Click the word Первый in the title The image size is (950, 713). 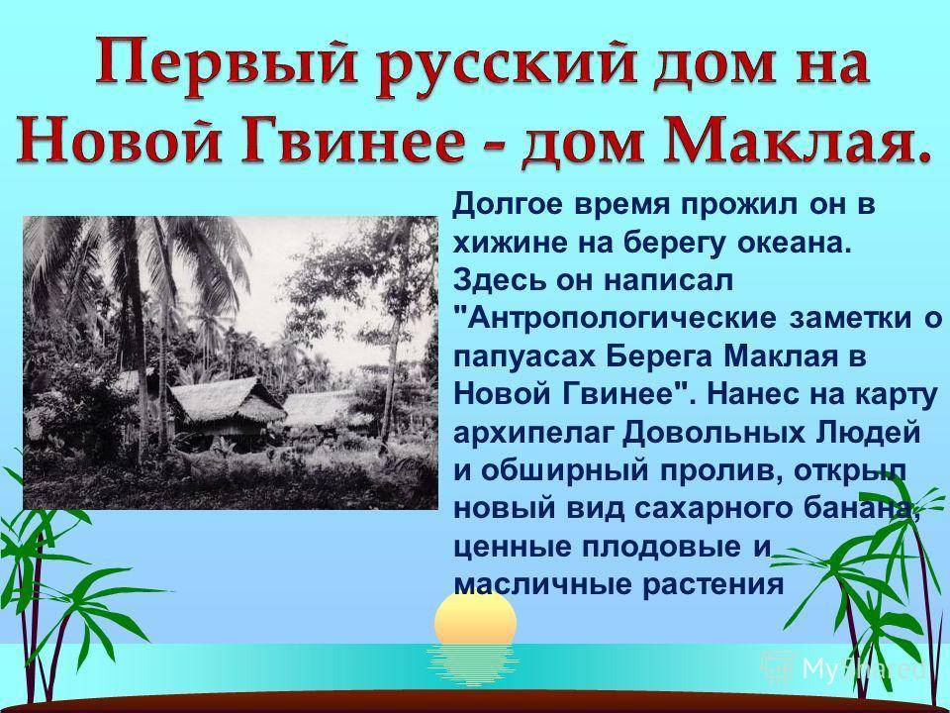click(226, 65)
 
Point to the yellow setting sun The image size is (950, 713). click(476, 619)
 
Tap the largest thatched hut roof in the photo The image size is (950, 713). click(226, 399)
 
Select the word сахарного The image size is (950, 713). click(714, 509)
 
